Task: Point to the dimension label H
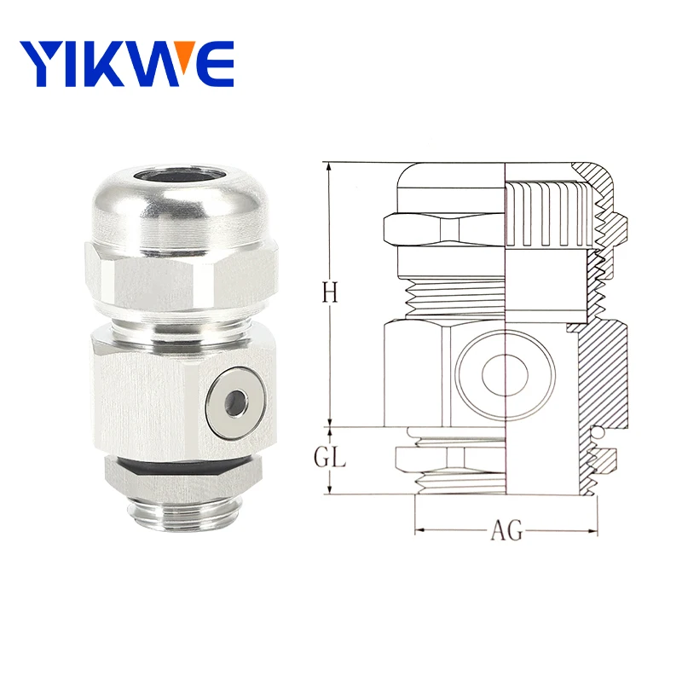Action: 331,292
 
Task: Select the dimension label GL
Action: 329,457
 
